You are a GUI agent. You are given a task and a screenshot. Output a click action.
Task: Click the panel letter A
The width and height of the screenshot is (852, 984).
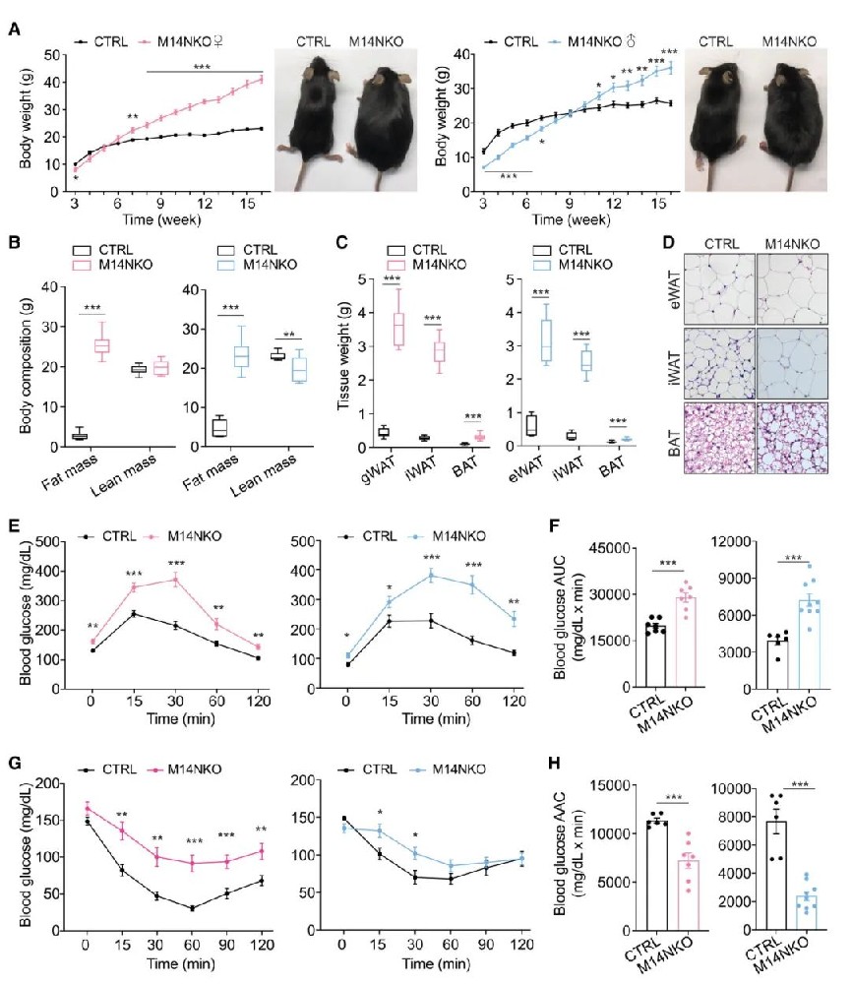(x=13, y=32)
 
